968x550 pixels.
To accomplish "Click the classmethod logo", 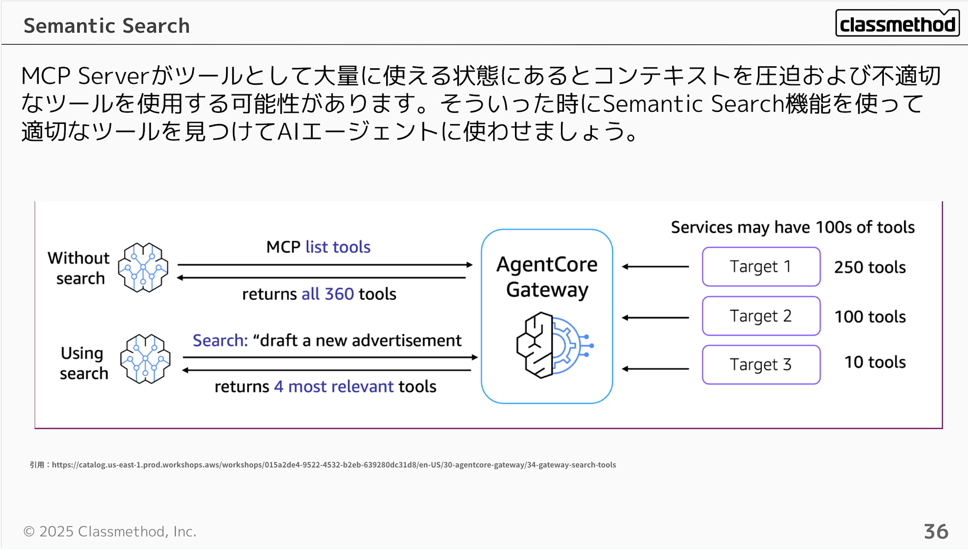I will pyautogui.click(x=897, y=23).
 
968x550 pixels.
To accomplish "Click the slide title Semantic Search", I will pyautogui.click(x=106, y=26).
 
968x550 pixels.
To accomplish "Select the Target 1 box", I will pyautogui.click(x=761, y=267).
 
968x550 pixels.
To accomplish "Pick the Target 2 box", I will pyautogui.click(x=761, y=316).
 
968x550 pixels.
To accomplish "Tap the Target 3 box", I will pyautogui.click(x=761, y=365).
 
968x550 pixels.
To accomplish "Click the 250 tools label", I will pyautogui.click(x=870, y=267).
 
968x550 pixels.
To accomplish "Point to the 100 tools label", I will pyautogui.click(x=870, y=317).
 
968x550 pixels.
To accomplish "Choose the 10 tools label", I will pyautogui.click(x=875, y=362).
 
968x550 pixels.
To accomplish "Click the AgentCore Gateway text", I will pyautogui.click(x=547, y=277).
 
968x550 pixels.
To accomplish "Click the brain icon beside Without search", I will pyautogui.click(x=143, y=267).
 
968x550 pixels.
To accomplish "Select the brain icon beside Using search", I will pyautogui.click(x=145, y=359).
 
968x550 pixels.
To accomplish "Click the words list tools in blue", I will pyautogui.click(x=338, y=247).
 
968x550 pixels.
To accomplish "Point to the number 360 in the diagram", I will pyautogui.click(x=339, y=294).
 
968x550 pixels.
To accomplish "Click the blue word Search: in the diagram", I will pyautogui.click(x=220, y=340).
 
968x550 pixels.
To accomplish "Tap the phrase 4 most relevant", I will pyautogui.click(x=334, y=386).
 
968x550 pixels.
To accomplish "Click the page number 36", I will pyautogui.click(x=936, y=532).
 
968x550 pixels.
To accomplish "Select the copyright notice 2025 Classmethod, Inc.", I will pyautogui.click(x=110, y=532).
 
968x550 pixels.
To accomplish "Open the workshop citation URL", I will pyautogui.click(x=333, y=465).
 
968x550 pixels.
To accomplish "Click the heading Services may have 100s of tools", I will pyautogui.click(x=792, y=227).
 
